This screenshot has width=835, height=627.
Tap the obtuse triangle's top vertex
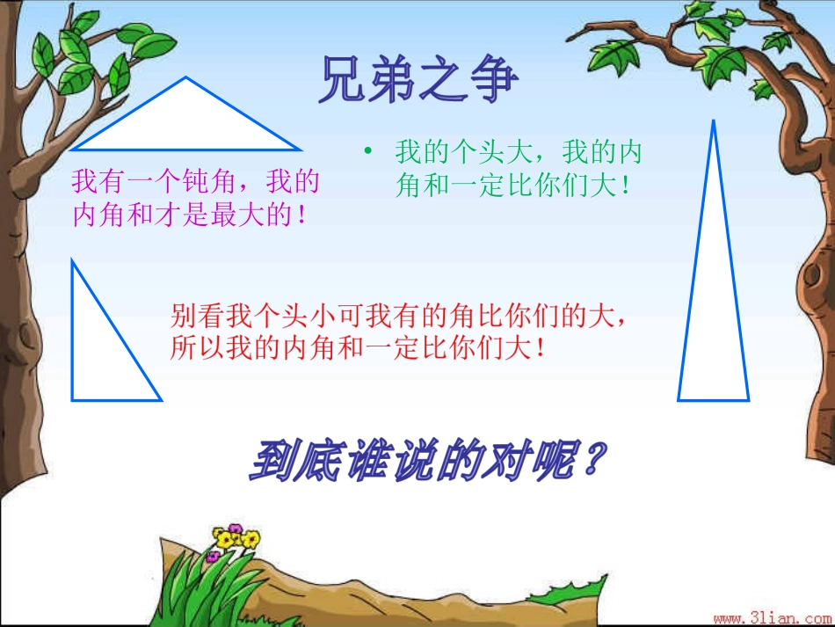point(186,78)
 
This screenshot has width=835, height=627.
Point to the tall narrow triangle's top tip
point(713,122)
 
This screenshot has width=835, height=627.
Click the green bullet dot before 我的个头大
point(369,154)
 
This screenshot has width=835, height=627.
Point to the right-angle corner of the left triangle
point(73,398)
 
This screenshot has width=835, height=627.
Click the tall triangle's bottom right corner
point(748,399)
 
